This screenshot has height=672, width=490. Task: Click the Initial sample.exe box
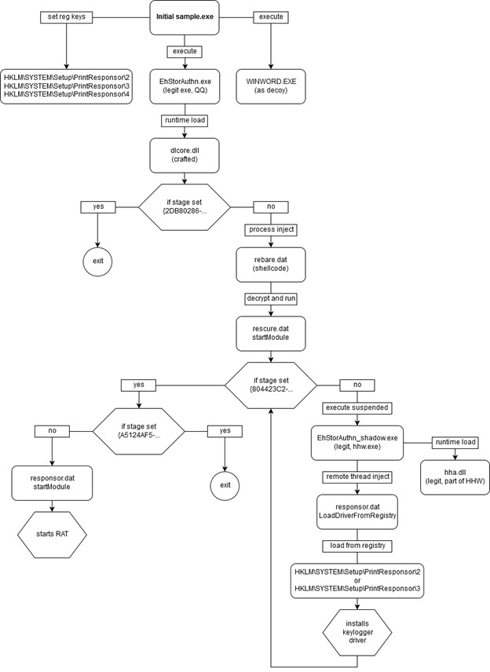click(185, 17)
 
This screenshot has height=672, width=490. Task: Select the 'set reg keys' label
click(66, 17)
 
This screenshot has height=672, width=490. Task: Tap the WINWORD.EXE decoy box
click(271, 86)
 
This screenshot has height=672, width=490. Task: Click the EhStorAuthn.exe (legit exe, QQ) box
click(185, 86)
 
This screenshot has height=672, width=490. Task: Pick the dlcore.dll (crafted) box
click(185, 155)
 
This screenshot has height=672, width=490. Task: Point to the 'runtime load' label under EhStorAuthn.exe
click(185, 120)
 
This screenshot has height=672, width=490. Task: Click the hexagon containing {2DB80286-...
click(185, 207)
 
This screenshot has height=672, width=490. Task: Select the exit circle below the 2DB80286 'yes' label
click(97, 261)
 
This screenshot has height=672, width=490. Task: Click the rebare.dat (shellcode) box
click(271, 265)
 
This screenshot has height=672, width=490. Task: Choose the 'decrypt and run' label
click(271, 299)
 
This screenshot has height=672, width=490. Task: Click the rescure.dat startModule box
click(271, 334)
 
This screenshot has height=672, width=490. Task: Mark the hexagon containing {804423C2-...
click(271, 385)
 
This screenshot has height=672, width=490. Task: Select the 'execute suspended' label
click(357, 408)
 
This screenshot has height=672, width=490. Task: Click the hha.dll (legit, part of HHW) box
click(455, 477)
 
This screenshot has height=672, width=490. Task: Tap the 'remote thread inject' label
click(357, 477)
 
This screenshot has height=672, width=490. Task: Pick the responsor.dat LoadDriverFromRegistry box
click(357, 512)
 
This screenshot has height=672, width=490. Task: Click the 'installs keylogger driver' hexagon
click(357, 632)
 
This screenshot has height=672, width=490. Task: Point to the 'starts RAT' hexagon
click(52, 534)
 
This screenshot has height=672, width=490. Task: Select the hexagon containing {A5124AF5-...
click(138, 431)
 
